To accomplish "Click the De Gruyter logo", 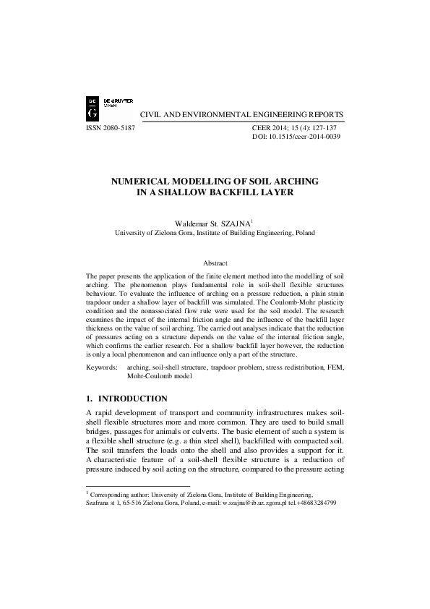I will tap(93, 107).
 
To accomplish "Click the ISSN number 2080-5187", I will tap(110, 127).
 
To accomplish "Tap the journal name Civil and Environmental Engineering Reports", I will tap(241, 115).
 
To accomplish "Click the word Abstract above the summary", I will tap(215, 263).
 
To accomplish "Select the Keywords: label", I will tap(102, 368).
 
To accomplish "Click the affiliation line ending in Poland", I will tap(215, 234).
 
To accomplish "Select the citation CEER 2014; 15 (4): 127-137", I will tap(296, 127).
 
